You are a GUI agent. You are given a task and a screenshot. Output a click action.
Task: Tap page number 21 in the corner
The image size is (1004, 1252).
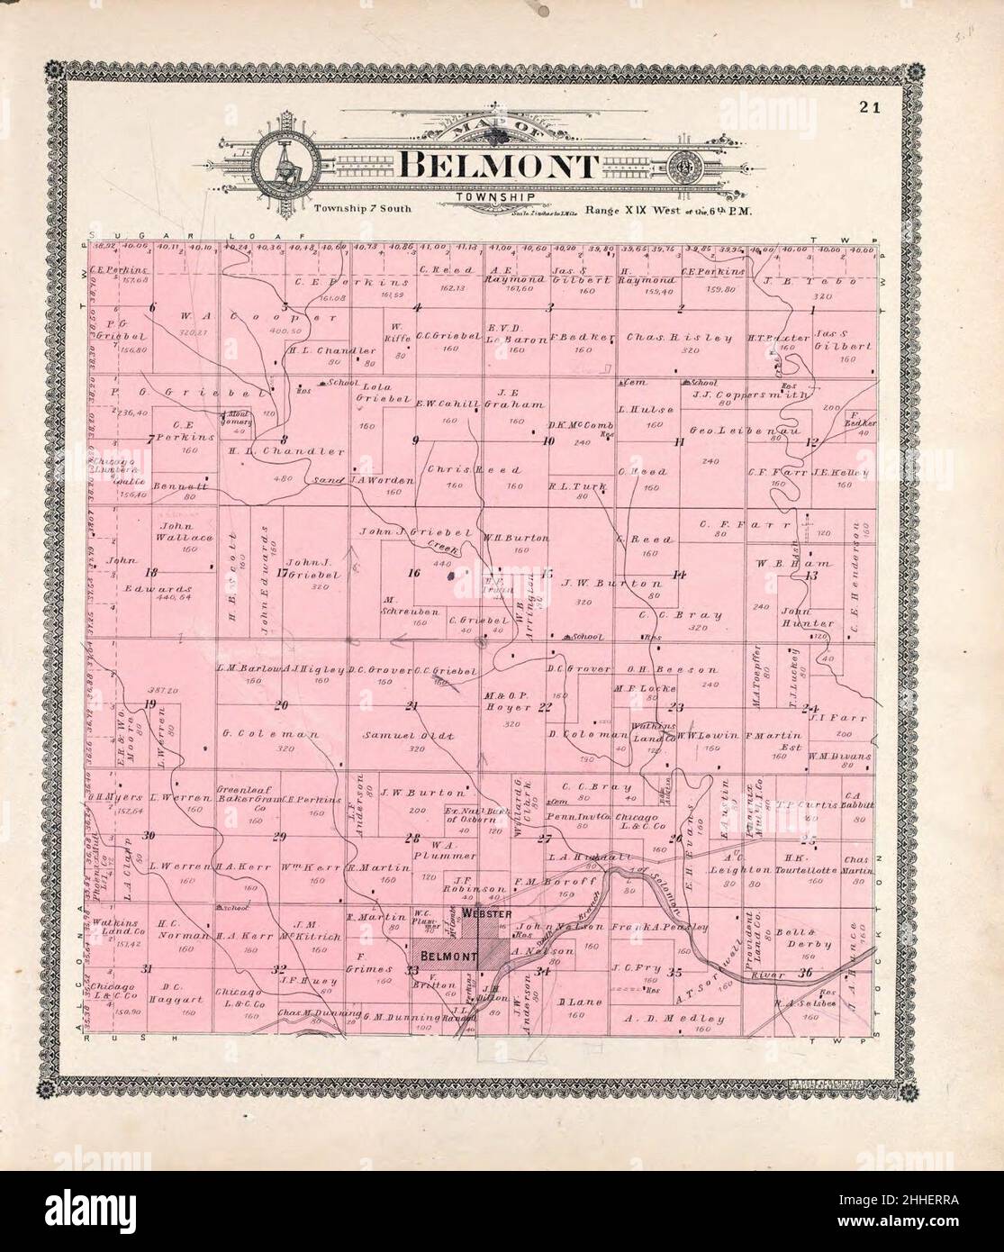pyautogui.click(x=869, y=109)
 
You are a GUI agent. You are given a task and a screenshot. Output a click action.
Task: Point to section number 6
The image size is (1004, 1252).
pyautogui.click(x=153, y=308)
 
